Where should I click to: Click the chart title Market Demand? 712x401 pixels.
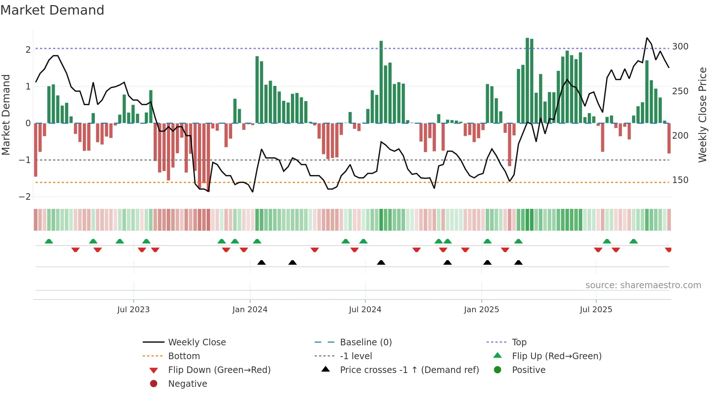coord(52,10)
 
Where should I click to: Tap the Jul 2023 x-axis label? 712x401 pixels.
coord(133,310)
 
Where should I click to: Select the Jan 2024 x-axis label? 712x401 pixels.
coord(250,310)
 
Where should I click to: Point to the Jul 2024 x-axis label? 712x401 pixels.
coord(365,310)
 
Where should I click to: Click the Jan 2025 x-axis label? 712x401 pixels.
coord(481,310)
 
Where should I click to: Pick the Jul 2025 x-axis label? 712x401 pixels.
coord(596,310)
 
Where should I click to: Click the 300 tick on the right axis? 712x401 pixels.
coord(680,47)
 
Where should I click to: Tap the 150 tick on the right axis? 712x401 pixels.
coord(680,180)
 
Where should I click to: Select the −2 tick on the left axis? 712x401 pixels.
coord(25,197)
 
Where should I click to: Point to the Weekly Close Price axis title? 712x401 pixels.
coord(703,115)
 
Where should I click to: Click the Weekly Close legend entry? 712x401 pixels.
coord(197,342)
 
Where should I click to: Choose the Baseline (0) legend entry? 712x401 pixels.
coord(365,342)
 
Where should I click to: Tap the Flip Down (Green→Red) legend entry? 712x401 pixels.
coord(219,370)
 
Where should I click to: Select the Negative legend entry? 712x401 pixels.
coord(187,384)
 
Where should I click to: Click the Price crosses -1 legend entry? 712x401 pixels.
coord(409,370)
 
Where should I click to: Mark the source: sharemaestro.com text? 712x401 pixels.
coord(643,285)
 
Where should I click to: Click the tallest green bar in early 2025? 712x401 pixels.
coord(527,80)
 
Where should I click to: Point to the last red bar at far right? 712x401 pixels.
coord(669,138)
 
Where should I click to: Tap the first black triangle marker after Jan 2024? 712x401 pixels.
coord(262,262)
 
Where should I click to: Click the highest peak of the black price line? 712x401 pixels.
coord(647,38)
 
